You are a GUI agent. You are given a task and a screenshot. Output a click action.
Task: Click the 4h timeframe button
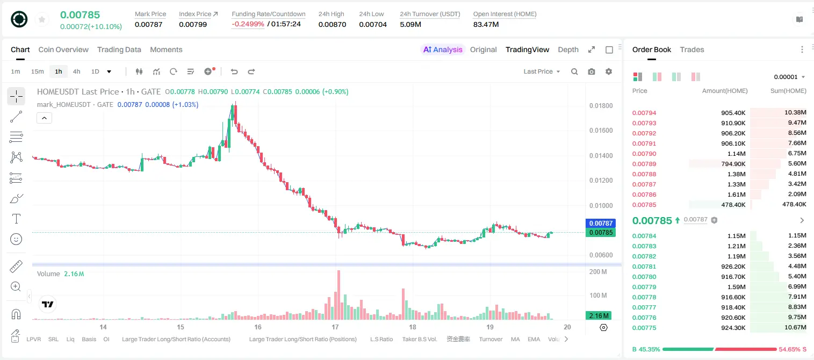[x=76, y=71]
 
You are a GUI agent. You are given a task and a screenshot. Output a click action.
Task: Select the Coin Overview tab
[x=63, y=49]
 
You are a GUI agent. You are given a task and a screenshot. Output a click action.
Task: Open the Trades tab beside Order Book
[x=692, y=49]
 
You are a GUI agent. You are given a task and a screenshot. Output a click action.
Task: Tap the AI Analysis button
[x=443, y=49]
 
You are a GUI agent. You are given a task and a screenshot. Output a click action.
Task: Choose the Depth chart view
[x=568, y=49]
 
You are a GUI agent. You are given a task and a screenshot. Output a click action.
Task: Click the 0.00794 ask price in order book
[x=644, y=113]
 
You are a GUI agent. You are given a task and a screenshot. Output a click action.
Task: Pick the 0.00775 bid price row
[x=644, y=328]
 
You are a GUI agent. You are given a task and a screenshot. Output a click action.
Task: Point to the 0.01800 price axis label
[x=601, y=106]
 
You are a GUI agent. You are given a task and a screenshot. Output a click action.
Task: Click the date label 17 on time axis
[x=335, y=327]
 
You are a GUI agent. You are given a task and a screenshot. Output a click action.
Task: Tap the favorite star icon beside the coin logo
[x=42, y=20]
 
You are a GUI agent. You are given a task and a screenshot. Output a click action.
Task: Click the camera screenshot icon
[x=592, y=71]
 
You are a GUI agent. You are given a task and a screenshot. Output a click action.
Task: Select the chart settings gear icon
[x=609, y=71]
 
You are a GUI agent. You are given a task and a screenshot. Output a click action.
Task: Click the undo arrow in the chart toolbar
[x=234, y=71]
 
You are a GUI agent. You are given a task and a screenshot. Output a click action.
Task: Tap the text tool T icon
[x=16, y=219]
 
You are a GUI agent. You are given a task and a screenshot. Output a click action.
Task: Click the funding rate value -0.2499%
[x=248, y=24]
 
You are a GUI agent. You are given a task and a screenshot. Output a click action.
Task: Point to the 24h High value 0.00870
[x=332, y=24]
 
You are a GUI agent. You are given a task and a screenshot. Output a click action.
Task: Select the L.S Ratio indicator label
[x=381, y=339]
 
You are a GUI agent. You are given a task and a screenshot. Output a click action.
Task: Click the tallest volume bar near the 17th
[x=338, y=295]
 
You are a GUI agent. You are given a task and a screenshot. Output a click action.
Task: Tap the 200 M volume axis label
[x=598, y=272]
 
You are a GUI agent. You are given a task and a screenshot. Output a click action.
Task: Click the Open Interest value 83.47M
[x=486, y=24]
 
